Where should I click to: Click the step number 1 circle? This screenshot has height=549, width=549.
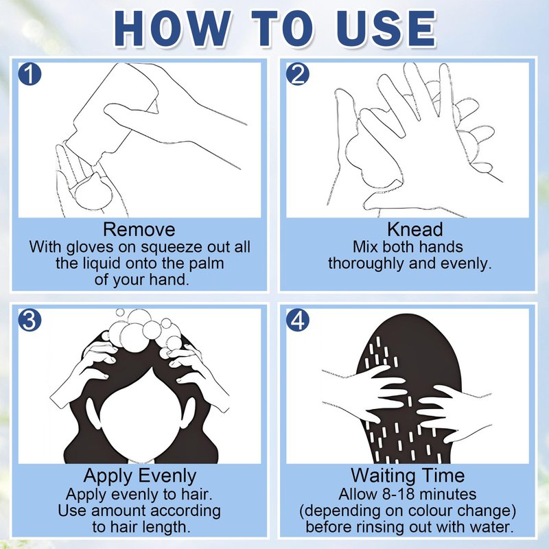click(x=30, y=74)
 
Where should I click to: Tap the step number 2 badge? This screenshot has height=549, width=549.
click(x=298, y=74)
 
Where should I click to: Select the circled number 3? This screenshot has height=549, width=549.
click(x=30, y=320)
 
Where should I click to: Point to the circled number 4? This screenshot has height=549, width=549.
click(x=298, y=320)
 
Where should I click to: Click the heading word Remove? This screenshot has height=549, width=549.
click(x=139, y=230)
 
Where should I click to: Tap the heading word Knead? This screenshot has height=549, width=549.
click(x=415, y=230)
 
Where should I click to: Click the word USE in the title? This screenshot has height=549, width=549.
click(x=386, y=29)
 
